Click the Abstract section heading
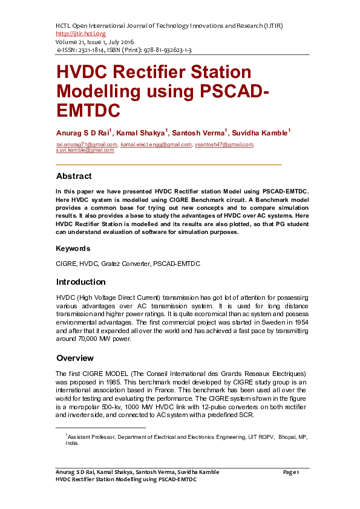(74, 177)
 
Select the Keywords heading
(73, 248)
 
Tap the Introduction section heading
(80, 282)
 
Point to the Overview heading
(74, 358)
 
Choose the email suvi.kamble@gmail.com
(85, 150)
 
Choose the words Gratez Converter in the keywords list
(128, 264)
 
